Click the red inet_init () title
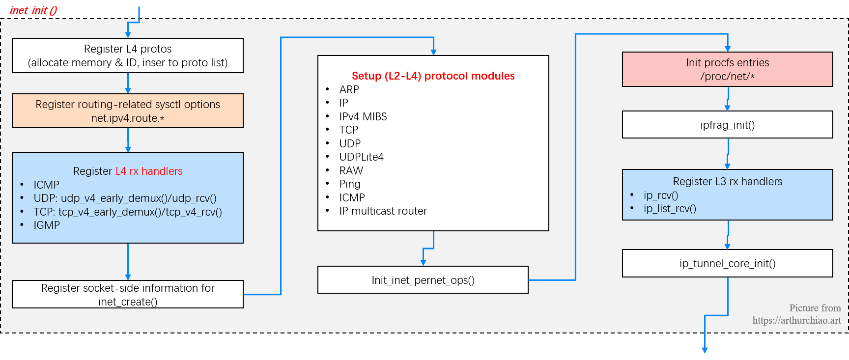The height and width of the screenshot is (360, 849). pos(33,10)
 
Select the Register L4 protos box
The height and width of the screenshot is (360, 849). pos(128,55)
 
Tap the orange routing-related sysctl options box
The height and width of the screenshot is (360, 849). pos(128,111)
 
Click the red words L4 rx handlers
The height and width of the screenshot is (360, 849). pos(149,171)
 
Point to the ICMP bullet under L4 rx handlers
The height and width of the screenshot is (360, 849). pos(46,185)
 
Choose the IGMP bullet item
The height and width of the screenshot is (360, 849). pos(47,225)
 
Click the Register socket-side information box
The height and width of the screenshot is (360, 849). pos(128,294)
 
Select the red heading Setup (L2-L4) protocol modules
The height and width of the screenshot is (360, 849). pos(433,76)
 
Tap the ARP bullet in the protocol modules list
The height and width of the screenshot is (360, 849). pos(349,89)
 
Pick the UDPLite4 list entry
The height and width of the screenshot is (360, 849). pos(361,157)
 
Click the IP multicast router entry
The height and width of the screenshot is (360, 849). pos(383,211)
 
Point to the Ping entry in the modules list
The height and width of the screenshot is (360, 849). pos(349,184)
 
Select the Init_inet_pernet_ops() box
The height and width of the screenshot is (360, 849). pos(423,280)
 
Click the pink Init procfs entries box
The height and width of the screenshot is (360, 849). pos(727,69)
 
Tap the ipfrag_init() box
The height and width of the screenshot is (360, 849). pos(727,125)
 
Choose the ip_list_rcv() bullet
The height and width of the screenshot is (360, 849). pos(670,208)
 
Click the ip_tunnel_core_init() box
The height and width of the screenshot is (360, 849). pos(727,263)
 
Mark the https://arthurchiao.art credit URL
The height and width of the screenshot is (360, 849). pos(796,320)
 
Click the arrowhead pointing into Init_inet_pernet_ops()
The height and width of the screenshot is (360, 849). pos(423,263)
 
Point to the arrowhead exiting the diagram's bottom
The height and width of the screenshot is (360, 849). pos(705,350)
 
